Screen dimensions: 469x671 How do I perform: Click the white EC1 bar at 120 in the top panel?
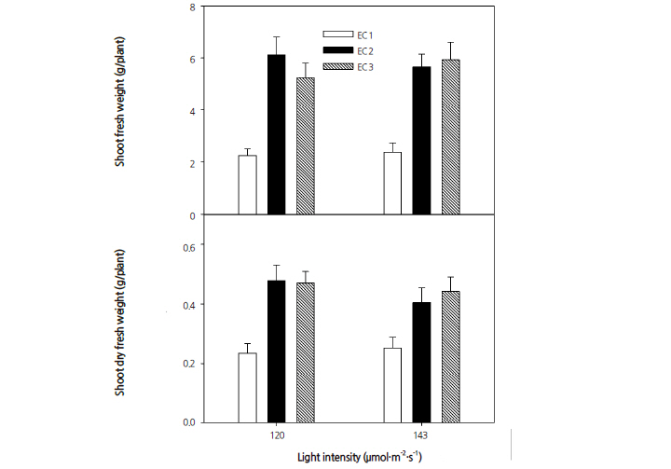pos(247,185)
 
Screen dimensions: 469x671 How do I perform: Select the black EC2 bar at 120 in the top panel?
pos(277,135)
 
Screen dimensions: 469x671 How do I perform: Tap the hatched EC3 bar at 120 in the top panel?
pos(306,146)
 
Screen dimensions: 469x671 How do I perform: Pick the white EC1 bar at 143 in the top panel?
pos(392,184)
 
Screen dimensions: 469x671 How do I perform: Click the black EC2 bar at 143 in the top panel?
pos(422,141)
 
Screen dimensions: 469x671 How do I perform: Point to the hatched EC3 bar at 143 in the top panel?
pos(452,137)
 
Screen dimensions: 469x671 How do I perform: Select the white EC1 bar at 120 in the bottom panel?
pos(247,387)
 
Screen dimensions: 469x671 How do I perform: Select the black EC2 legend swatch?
pos(334,50)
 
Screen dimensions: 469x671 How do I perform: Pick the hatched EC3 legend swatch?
pos(334,66)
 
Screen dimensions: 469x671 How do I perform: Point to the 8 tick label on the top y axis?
pos(191,7)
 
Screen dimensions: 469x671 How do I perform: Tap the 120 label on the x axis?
pos(277,435)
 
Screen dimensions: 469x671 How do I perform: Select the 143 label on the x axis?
pos(422,435)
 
